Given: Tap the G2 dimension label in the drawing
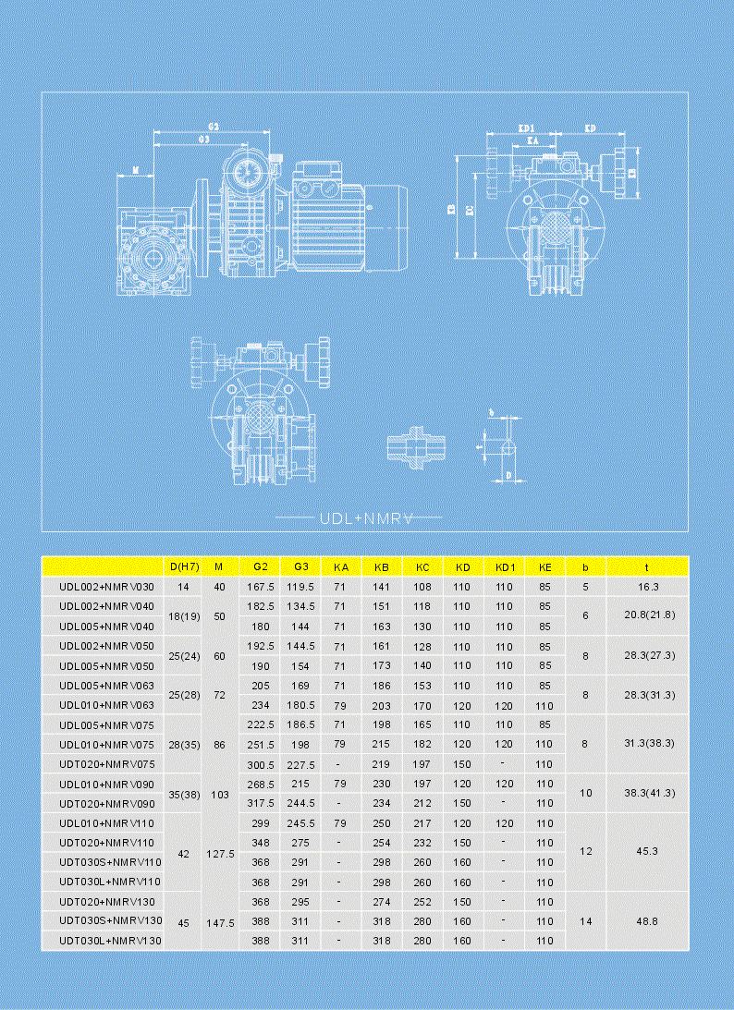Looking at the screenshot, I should point(213,127).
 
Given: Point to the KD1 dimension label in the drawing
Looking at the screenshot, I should point(526,128).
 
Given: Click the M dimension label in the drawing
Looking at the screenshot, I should point(136,170).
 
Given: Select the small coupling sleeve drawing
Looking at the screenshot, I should point(417,446).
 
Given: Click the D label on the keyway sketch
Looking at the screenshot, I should point(509,475).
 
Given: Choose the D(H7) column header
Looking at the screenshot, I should point(182,566).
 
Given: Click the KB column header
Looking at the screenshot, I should point(381,566).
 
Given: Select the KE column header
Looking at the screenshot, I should point(544,566).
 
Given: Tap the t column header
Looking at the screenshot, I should point(648,566).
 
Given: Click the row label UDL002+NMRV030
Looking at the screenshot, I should point(103,587).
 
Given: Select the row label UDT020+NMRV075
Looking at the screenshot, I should point(103,764).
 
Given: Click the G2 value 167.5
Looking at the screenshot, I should point(261,587).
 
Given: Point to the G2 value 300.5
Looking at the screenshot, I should point(261,764).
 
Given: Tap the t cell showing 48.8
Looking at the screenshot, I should point(648,921).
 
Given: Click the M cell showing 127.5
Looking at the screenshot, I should point(219,853).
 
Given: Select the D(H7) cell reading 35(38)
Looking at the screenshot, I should point(182,794).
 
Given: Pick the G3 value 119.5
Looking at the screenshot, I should point(301,587).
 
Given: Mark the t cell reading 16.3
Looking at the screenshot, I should point(648,587).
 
